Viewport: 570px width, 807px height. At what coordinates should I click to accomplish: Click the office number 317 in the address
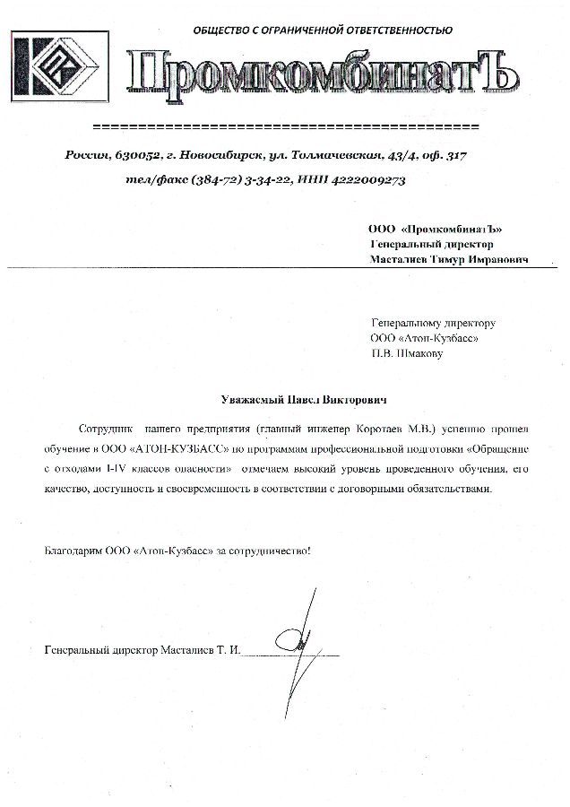(x=454, y=156)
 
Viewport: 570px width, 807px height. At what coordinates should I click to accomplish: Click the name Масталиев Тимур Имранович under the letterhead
(x=449, y=259)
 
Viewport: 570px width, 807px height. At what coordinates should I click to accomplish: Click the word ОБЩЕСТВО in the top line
(x=222, y=30)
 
